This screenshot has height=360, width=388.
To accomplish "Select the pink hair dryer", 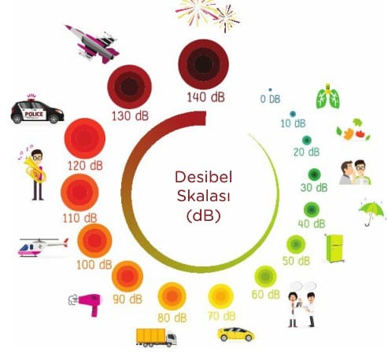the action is point(86,304).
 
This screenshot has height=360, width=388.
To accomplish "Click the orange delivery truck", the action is point(156,338).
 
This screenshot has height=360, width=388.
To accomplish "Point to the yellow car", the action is point(236,334).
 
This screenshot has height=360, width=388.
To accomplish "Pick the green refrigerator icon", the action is point(334,248).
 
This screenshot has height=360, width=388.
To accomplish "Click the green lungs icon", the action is point(328,97).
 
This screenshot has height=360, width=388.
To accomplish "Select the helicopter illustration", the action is point(43,248).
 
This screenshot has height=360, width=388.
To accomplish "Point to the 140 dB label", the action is point(205,97).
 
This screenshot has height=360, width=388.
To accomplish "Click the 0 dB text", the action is point(270,99).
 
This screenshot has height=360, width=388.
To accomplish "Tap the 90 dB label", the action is point(127,299).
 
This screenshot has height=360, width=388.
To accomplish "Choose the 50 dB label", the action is point(296,261).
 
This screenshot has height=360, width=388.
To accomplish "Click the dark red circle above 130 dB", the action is point(130,86).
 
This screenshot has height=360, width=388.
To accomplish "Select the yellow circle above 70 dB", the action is point(220,296).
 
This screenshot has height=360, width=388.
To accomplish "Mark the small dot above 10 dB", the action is point(293,114).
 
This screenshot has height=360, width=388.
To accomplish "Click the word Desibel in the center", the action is point(204,177).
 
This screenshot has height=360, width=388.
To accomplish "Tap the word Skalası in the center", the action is point(204,196).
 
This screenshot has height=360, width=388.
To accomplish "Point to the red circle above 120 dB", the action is point(85,138).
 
